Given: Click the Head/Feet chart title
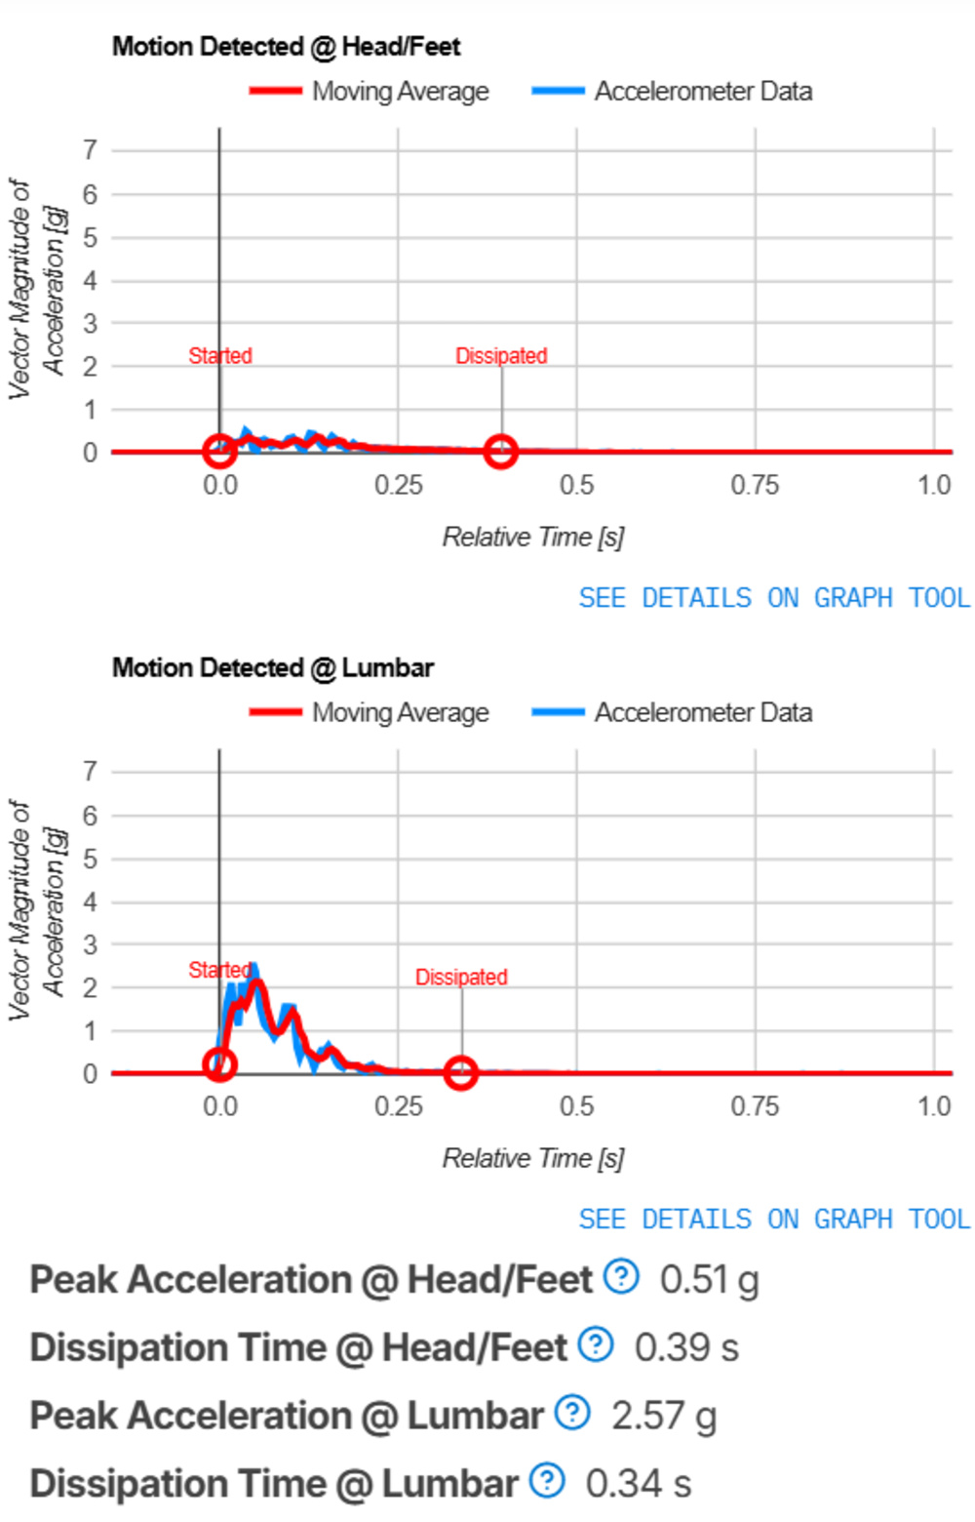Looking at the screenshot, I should (286, 46).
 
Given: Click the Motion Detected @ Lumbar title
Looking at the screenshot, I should (273, 667).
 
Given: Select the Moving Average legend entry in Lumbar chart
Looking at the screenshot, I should (370, 712).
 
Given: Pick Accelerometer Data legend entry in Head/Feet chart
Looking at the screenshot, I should (673, 91).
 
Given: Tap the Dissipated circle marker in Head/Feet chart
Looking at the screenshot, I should (500, 452).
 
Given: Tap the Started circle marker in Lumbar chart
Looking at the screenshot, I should (219, 1063).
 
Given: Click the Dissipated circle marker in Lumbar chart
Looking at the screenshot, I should (460, 1073).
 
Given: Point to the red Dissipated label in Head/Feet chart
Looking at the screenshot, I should (501, 356).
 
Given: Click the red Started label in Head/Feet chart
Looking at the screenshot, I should (220, 356).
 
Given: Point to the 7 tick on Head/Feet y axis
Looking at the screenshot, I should (90, 150).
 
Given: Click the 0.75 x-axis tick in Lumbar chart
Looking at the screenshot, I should (755, 1106).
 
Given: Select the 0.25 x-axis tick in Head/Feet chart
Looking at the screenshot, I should (398, 485).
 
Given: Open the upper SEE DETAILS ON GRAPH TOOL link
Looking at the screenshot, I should (774, 597).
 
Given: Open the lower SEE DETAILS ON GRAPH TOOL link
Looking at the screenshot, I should (774, 1219).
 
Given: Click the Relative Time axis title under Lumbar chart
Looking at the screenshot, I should (532, 1158).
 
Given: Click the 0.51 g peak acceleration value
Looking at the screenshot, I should (709, 1279).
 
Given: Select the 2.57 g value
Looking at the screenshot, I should (664, 1416).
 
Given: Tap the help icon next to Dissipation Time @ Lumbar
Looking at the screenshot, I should (547, 1481).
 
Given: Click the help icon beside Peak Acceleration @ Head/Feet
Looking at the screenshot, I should (621, 1276).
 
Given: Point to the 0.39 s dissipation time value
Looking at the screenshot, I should (686, 1347).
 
